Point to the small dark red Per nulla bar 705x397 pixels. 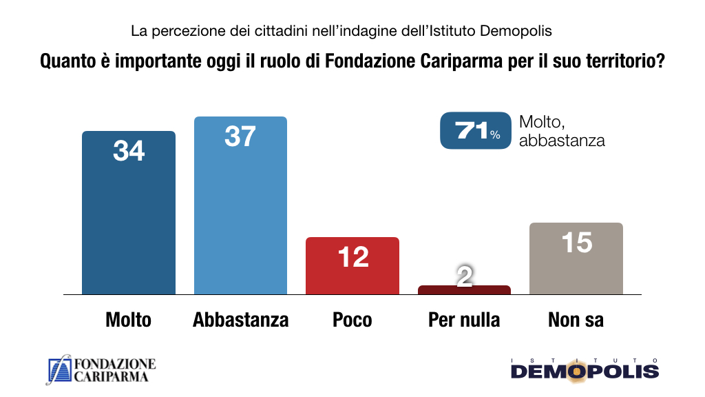pyautogui.click(x=464, y=290)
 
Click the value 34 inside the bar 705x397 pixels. pyautogui.click(x=129, y=150)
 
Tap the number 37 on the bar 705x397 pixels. pyautogui.click(x=240, y=136)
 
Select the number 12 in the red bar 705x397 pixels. pyautogui.click(x=352, y=256)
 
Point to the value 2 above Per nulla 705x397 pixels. pyautogui.click(x=465, y=276)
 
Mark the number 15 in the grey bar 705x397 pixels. pyautogui.click(x=576, y=242)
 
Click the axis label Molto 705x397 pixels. pyautogui.click(x=129, y=320)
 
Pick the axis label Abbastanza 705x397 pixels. pyautogui.click(x=240, y=320)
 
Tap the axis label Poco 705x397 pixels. pyautogui.click(x=352, y=320)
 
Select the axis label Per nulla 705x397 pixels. pyautogui.click(x=464, y=320)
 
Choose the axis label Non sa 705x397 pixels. pyautogui.click(x=576, y=320)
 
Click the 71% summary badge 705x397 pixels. pyautogui.click(x=476, y=130)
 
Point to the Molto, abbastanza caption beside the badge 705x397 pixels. pyautogui.click(x=562, y=131)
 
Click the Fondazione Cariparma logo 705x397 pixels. pyautogui.click(x=101, y=370)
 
